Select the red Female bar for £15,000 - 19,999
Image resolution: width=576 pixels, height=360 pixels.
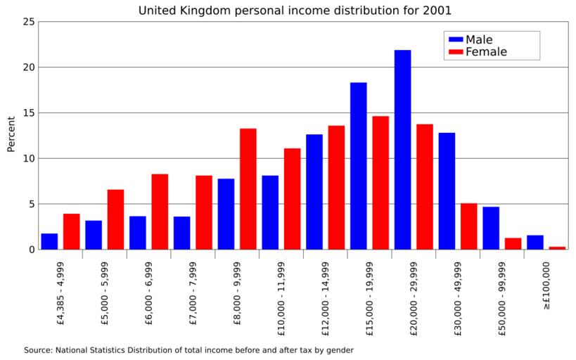click(380, 183)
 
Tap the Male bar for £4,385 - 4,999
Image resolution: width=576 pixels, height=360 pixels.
click(49, 241)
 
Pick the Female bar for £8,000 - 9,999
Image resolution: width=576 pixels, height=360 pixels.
click(248, 188)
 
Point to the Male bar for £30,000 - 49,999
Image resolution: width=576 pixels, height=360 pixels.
click(447, 191)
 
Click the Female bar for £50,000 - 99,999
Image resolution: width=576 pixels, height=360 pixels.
click(513, 244)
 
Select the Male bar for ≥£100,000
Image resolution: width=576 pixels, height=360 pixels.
click(535, 243)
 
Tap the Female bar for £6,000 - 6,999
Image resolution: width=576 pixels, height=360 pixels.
click(160, 212)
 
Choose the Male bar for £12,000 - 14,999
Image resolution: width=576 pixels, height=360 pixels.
click(314, 192)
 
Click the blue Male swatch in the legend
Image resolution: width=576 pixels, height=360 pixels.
click(455, 40)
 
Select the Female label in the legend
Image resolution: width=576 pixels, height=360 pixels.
click(486, 52)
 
